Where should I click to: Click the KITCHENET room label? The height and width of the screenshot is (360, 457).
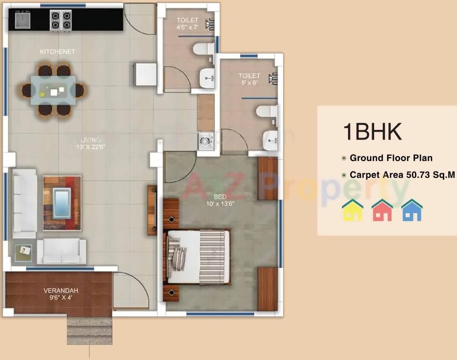pyautogui.click(x=57, y=52)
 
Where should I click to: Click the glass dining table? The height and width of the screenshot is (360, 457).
pyautogui.click(x=54, y=90)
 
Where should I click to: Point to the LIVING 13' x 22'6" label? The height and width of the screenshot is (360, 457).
pyautogui.click(x=91, y=143)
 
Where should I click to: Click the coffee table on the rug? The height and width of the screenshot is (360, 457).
pyautogui.click(x=62, y=203)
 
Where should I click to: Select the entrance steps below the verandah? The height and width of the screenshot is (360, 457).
pyautogui.click(x=89, y=330)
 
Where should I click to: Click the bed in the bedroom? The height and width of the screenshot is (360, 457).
pyautogui.click(x=198, y=257)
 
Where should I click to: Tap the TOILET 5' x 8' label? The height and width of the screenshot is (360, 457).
pyautogui.click(x=249, y=79)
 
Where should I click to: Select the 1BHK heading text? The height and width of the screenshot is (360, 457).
pyautogui.click(x=372, y=131)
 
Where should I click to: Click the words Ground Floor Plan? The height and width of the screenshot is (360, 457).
pyautogui.click(x=391, y=158)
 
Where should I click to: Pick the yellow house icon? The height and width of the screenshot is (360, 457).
pyautogui.click(x=353, y=210)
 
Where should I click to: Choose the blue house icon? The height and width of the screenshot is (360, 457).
pyautogui.click(x=412, y=210)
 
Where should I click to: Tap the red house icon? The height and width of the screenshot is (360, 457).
pyautogui.click(x=382, y=210)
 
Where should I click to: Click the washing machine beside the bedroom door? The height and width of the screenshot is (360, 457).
pyautogui.click(x=205, y=141)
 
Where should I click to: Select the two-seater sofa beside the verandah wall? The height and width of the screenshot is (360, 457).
pyautogui.click(x=62, y=251)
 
